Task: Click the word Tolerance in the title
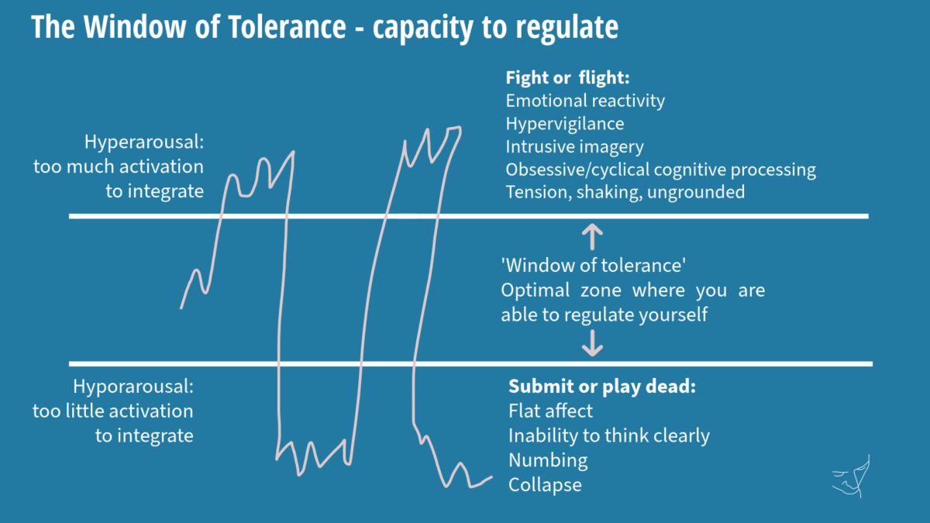287,27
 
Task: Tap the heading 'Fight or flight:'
567,77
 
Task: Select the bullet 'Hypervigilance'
565,124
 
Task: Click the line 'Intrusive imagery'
574,146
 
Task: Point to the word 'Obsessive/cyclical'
577,170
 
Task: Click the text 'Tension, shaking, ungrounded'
625,192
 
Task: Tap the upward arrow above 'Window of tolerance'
592,237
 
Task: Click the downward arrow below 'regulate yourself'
592,343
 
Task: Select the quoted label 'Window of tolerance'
594,266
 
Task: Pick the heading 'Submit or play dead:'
602,387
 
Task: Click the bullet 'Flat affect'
550,411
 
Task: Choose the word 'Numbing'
548,460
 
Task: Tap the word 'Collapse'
545,485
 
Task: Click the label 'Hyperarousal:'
144,142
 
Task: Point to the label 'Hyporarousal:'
133,387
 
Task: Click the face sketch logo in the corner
851,476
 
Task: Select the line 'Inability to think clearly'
609,435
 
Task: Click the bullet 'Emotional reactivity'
585,101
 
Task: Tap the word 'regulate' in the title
567,28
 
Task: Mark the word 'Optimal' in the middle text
536,290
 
